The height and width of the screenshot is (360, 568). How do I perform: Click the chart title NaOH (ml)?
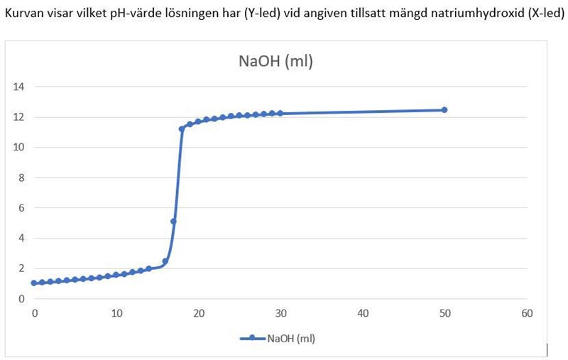(275, 62)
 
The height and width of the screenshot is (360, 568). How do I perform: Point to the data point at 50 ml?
(444, 110)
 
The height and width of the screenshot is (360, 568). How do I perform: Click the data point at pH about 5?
(174, 222)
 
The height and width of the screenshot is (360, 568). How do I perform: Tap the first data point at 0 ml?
(34, 283)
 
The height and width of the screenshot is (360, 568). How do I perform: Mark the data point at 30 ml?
(280, 113)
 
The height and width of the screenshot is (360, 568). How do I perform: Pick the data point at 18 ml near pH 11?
(182, 129)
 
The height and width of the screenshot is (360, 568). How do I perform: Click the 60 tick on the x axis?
(527, 312)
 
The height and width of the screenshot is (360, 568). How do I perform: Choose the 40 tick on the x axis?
(363, 312)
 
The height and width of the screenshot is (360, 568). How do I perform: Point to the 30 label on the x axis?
(280, 312)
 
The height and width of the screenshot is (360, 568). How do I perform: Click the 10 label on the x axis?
(116, 312)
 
